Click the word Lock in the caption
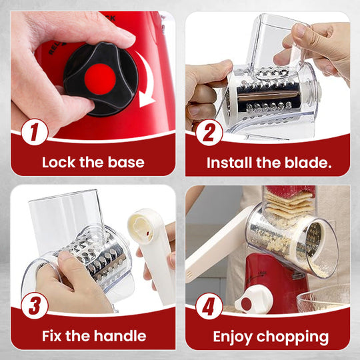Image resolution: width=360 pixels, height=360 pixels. click(x=59, y=162)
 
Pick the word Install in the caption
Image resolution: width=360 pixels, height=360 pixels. click(x=228, y=162)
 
